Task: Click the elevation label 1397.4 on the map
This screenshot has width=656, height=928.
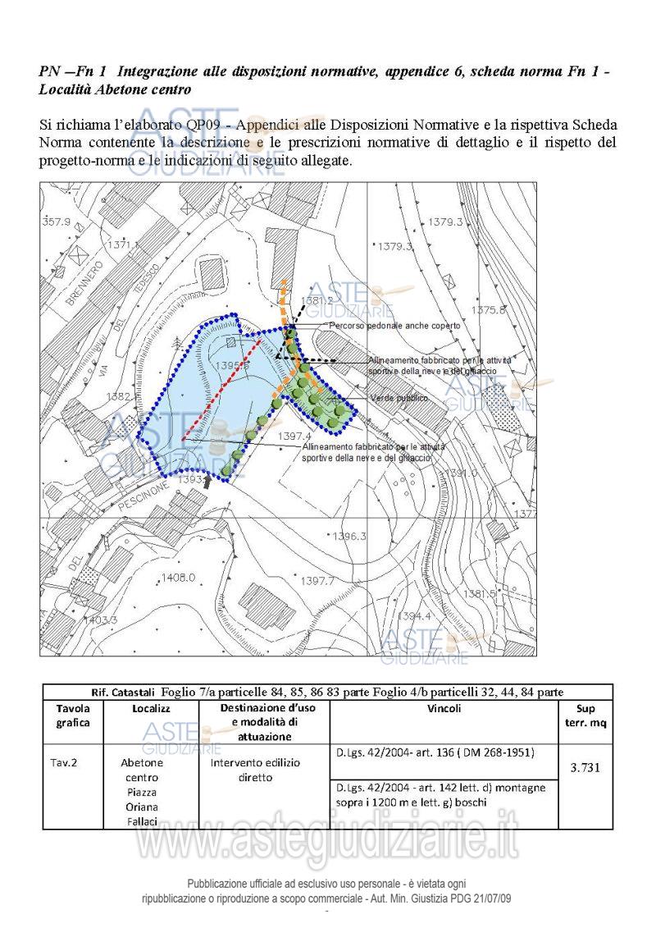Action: (295, 436)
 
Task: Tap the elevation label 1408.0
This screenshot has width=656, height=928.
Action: (178, 578)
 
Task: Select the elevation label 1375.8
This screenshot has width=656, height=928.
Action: (489, 309)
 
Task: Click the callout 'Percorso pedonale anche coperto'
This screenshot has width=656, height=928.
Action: (394, 326)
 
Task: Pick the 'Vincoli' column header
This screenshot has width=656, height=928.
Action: (444, 708)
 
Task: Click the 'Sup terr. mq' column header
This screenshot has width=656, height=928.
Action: (585, 715)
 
